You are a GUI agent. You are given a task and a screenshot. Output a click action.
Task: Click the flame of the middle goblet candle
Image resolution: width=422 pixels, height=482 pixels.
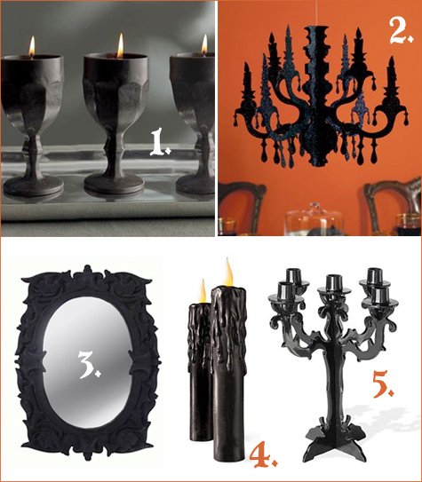pyautogui.click(x=120, y=44)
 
